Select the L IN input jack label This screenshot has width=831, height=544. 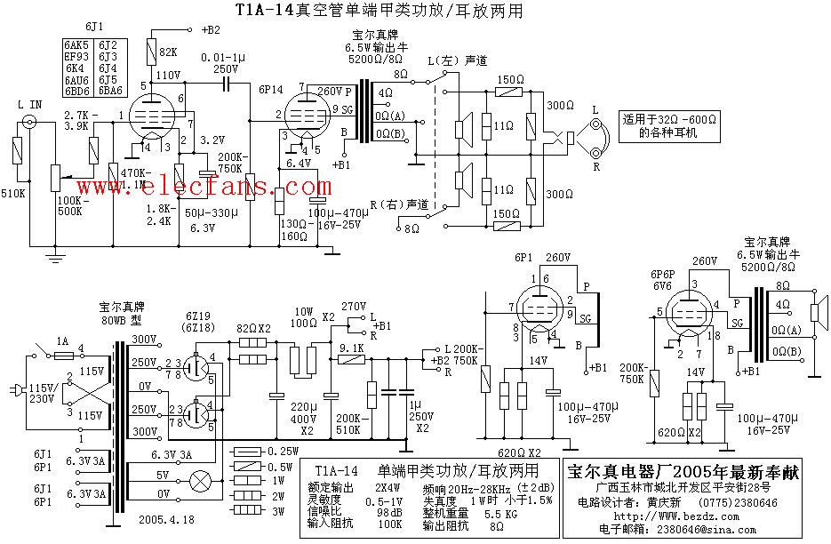[x=30, y=106]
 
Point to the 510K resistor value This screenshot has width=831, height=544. [x=13, y=193]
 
